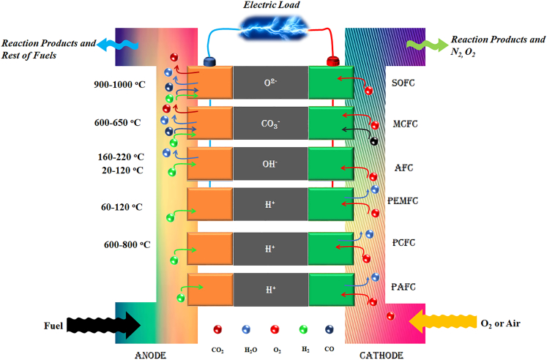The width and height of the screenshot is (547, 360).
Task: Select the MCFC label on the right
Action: pyautogui.click(x=404, y=124)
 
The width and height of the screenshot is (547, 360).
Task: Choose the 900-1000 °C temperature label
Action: pyautogui.click(x=119, y=85)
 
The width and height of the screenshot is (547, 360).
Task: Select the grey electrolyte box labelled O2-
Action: pyautogui.click(x=270, y=83)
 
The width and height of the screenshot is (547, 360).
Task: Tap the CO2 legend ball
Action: pyautogui.click(x=217, y=331)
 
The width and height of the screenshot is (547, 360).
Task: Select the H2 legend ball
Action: pyautogui.click(x=302, y=331)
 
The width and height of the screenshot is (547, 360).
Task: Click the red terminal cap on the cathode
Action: pyautogui.click(x=331, y=61)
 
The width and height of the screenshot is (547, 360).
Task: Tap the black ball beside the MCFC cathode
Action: pyautogui.click(x=374, y=140)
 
